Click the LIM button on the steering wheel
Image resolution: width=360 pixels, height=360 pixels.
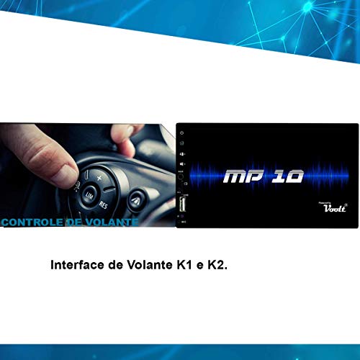(90, 196)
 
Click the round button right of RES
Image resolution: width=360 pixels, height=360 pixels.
(136, 197)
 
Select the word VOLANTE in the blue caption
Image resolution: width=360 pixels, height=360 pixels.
(112, 223)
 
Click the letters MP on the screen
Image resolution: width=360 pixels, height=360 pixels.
(243, 176)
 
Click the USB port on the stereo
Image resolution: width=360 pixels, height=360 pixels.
(184, 208)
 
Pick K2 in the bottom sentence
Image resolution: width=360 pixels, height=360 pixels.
(217, 265)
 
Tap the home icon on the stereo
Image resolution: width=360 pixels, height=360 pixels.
(184, 143)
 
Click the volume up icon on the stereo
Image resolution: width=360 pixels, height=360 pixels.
(184, 153)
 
